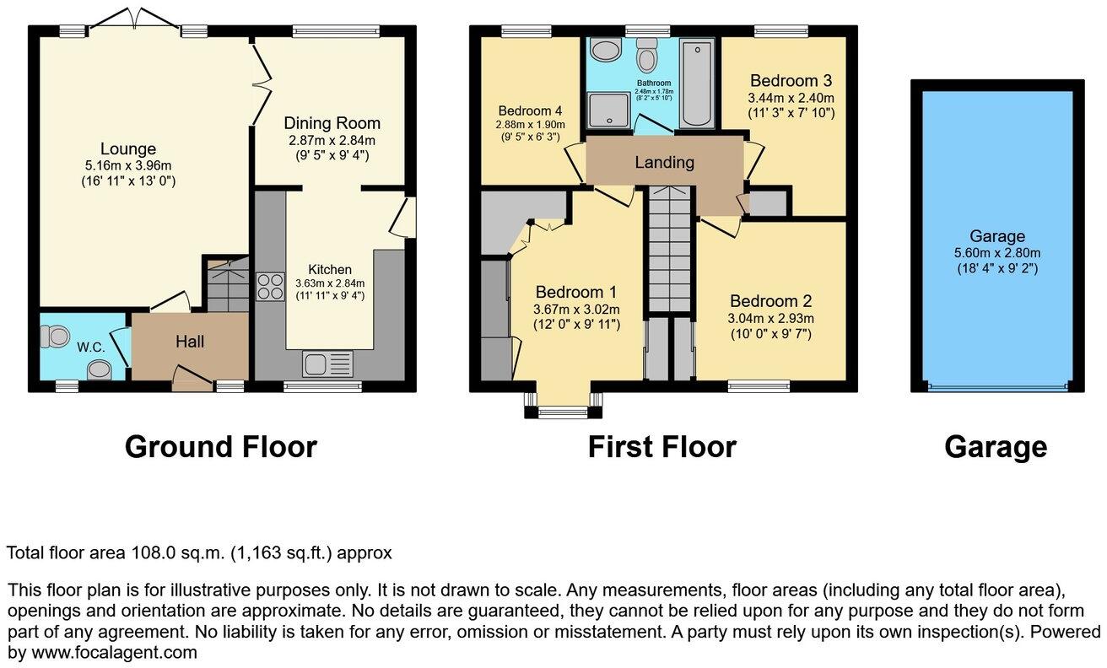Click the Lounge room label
click(130, 149)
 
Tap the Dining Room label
click(332, 123)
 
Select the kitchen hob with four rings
click(270, 287)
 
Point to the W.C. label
click(90, 347)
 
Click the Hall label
click(190, 342)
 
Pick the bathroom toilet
click(647, 57)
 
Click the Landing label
click(664, 163)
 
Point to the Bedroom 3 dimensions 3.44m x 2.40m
click(791, 98)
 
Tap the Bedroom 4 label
click(530, 110)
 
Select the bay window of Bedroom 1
click(563, 409)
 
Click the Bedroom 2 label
click(770, 301)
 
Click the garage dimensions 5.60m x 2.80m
click(997, 253)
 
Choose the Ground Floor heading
click(221, 446)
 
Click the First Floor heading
click(661, 446)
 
